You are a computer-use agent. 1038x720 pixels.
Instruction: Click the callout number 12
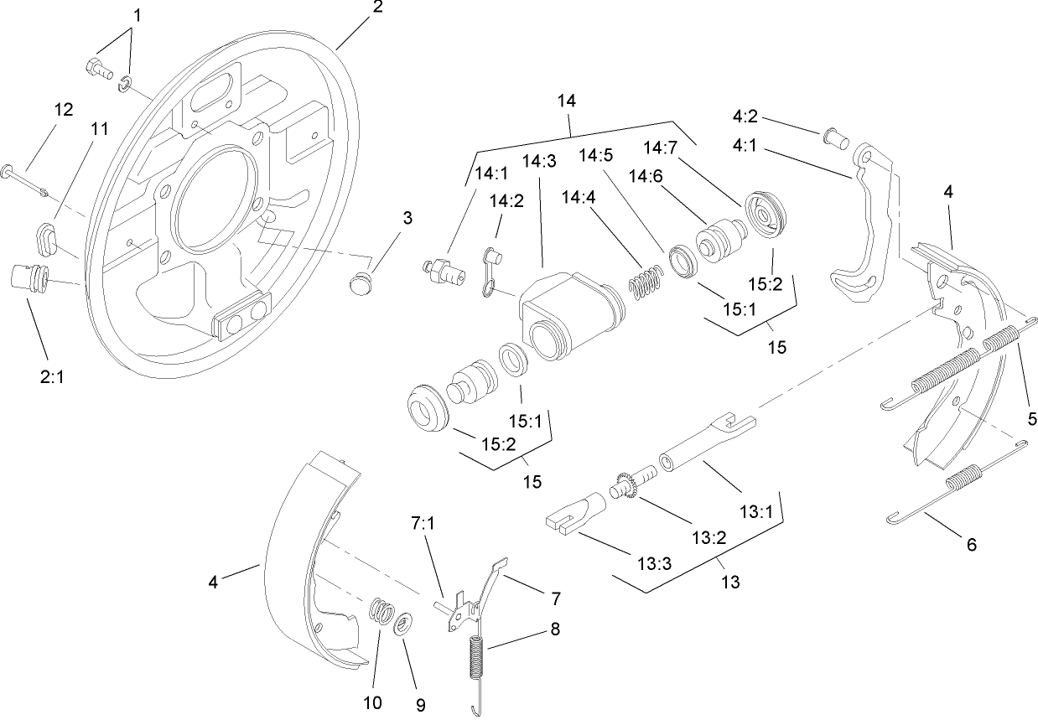pos(64,110)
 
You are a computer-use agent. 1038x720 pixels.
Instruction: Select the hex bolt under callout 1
pos(97,70)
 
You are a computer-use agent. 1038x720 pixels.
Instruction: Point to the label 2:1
pos(52,377)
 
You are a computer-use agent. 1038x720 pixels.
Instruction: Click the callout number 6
pos(972,545)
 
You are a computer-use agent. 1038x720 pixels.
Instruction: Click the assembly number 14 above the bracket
pos(567,101)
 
